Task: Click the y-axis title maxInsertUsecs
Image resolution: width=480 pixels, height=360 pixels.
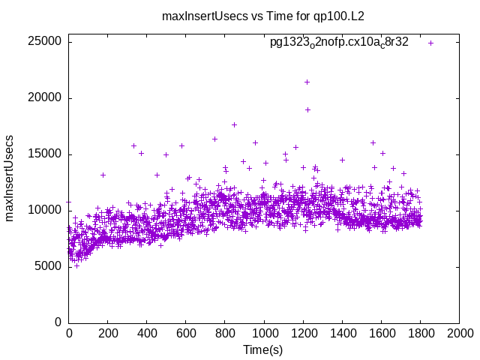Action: pyautogui.click(x=10, y=178)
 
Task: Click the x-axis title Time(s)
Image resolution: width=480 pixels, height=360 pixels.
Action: pyautogui.click(x=262, y=350)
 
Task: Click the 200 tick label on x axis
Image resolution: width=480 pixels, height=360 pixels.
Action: pyautogui.click(x=108, y=333)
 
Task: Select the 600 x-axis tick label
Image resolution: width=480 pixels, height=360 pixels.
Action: pyautogui.click(x=186, y=333)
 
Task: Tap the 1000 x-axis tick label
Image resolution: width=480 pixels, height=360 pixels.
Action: pyautogui.click(x=264, y=333)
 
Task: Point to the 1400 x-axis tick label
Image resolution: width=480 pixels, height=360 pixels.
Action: pyautogui.click(x=342, y=333)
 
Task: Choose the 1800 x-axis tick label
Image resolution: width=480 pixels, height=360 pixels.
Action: pyautogui.click(x=420, y=333)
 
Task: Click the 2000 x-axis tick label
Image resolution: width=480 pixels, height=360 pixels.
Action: pyautogui.click(x=459, y=333)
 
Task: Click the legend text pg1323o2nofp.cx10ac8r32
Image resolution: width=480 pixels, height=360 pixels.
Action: pyautogui.click(x=339, y=42)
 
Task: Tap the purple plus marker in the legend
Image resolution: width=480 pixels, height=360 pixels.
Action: pyautogui.click(x=430, y=43)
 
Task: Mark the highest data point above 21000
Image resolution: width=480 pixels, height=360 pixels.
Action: pyautogui.click(x=307, y=82)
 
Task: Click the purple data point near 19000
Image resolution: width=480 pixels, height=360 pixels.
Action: pyautogui.click(x=307, y=109)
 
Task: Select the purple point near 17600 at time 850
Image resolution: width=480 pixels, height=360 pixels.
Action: pyautogui.click(x=234, y=124)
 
